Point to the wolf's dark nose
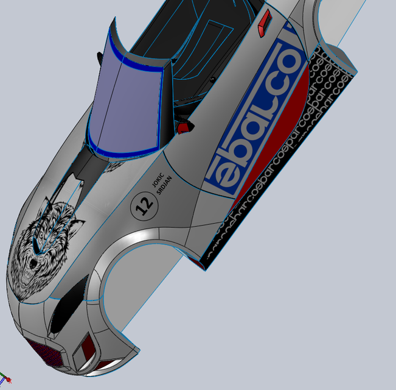30,266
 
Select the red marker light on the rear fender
263,23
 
